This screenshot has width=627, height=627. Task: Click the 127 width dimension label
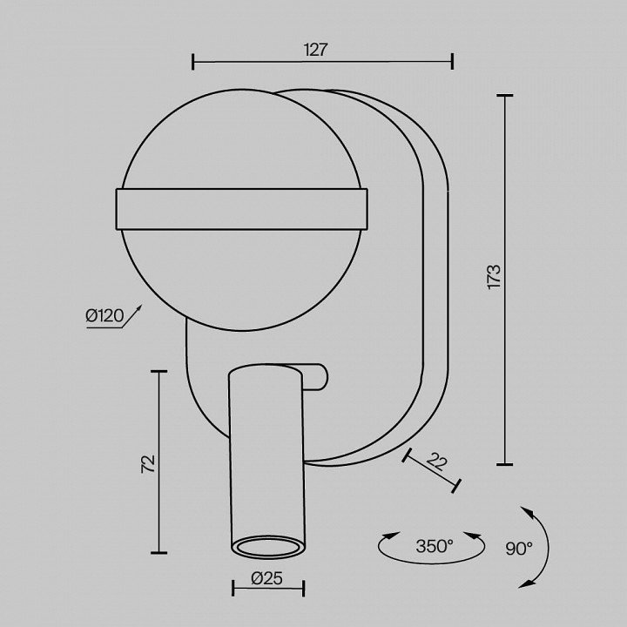pos(315,50)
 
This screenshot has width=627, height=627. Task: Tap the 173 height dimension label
pos(495,277)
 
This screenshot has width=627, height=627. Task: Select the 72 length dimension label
pos(148,464)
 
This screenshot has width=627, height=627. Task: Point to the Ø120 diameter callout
pos(104,316)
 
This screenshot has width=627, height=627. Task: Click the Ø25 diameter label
pos(267,578)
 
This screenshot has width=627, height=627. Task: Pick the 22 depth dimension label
pos(436,462)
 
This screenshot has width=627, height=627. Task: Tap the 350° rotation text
pos(435,546)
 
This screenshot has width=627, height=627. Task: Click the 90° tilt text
pos(519,549)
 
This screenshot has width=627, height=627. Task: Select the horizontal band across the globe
pos(241,209)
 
